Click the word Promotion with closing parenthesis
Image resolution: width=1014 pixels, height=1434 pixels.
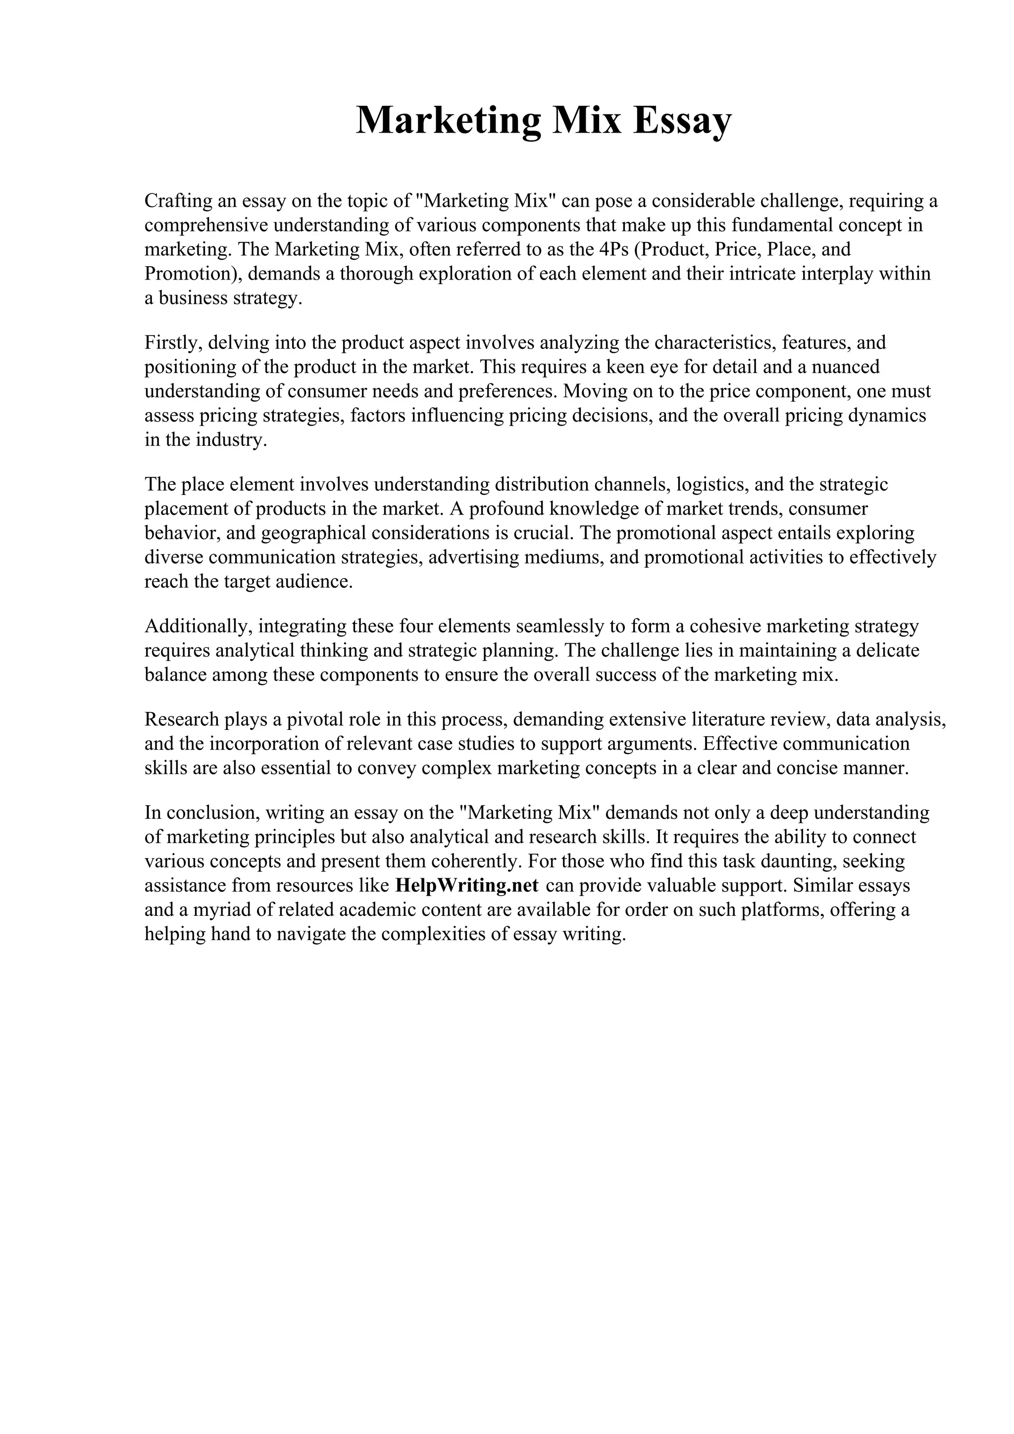click(193, 274)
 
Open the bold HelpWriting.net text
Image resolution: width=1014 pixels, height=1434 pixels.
click(467, 886)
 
